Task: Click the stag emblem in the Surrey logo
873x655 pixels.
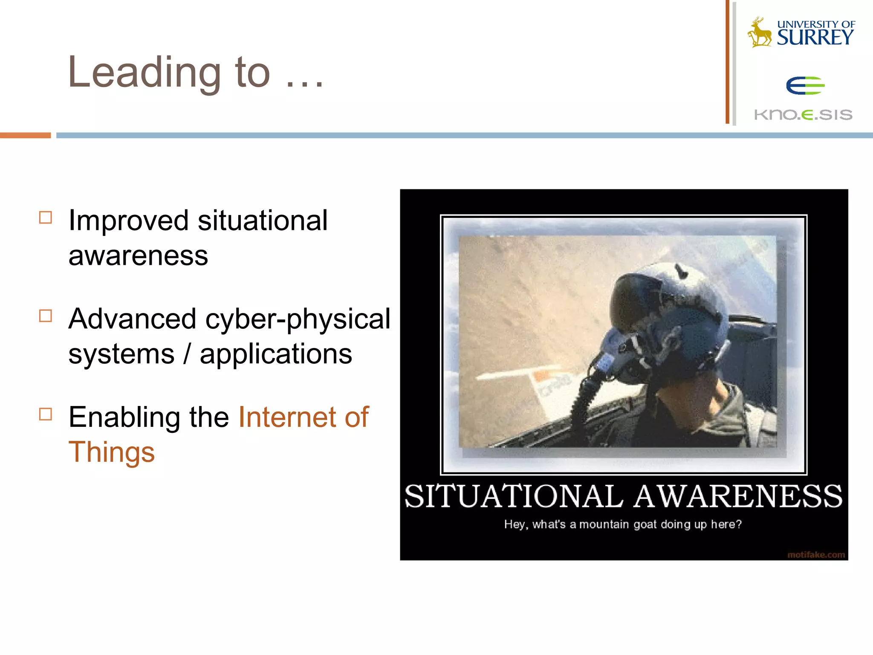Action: [x=760, y=33]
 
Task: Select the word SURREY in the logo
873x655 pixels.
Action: [x=815, y=38]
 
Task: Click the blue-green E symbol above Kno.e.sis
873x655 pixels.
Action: [x=805, y=86]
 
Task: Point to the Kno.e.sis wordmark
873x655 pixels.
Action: [x=803, y=114]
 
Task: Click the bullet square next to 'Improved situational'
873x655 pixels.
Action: [x=46, y=217]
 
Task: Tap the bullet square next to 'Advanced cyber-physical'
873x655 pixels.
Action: [x=46, y=316]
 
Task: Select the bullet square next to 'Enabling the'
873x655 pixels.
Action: [x=46, y=414]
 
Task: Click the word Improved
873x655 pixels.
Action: [x=128, y=221]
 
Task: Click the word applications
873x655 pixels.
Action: [x=276, y=354]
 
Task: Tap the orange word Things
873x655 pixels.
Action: [x=112, y=452]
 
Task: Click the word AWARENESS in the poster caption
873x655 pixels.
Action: [x=737, y=496]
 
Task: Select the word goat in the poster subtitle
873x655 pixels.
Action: [x=645, y=524]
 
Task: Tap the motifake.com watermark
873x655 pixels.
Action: [x=816, y=554]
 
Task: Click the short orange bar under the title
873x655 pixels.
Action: [x=25, y=135]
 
